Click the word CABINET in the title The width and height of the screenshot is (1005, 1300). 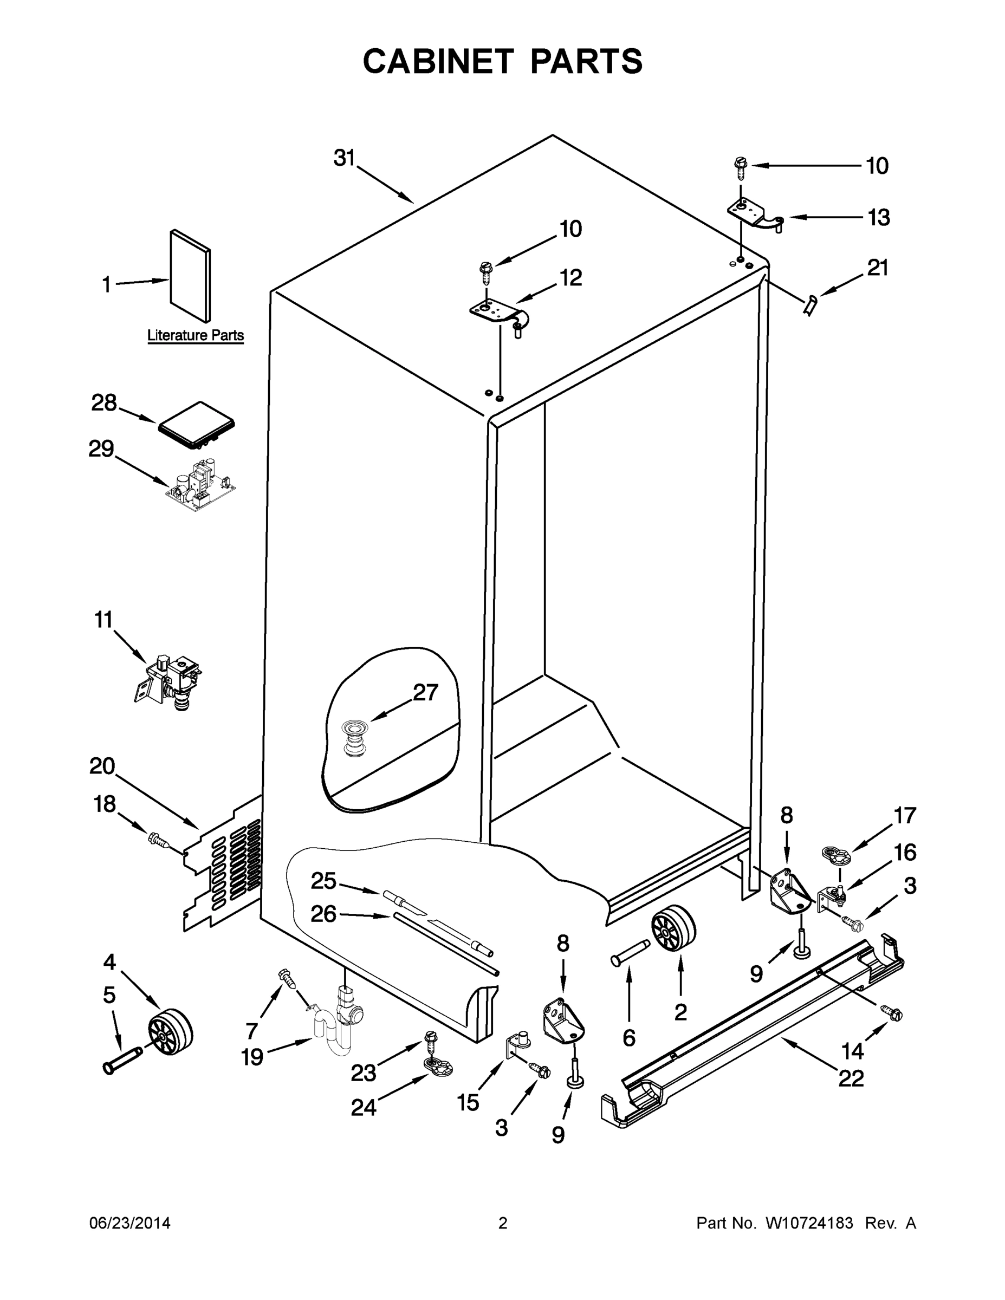click(438, 61)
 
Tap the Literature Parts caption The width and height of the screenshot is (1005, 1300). click(195, 335)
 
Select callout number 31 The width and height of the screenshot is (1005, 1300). click(344, 158)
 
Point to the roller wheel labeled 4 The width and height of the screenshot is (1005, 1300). click(170, 1031)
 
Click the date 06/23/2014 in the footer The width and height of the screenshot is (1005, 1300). click(130, 1223)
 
